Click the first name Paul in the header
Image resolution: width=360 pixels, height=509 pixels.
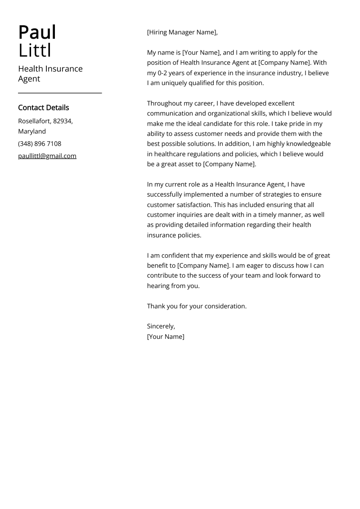pyautogui.click(x=37, y=32)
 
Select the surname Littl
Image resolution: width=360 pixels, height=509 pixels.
pyautogui.click(x=35, y=51)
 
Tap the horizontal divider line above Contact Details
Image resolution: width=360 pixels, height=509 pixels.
pyautogui.click(x=60, y=93)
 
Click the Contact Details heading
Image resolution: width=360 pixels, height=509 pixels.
pyautogui.click(x=44, y=108)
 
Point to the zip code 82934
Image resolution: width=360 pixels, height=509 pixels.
pyautogui.click(x=62, y=121)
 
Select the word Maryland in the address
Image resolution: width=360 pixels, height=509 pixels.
pyautogui.click(x=32, y=131)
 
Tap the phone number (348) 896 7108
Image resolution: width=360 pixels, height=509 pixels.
pyautogui.click(x=40, y=144)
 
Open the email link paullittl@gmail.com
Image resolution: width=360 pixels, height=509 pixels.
pyautogui.click(x=47, y=156)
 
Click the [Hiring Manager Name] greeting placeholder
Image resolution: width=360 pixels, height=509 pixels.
pyautogui.click(x=182, y=32)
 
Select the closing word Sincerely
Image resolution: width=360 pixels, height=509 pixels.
pyautogui.click(x=161, y=326)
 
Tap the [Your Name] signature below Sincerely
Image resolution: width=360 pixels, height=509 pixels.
pyautogui.click(x=166, y=337)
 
